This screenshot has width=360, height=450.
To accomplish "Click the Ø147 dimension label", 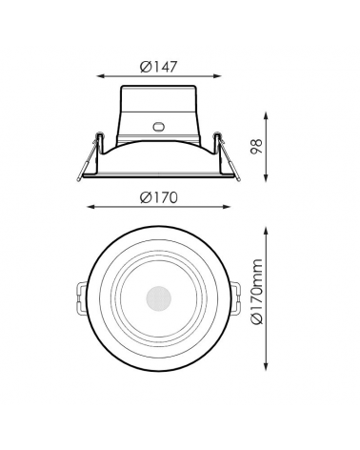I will click(158, 67).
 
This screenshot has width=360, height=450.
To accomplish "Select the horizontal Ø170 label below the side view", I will click(158, 197).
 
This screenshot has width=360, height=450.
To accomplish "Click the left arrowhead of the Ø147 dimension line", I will click(99, 79).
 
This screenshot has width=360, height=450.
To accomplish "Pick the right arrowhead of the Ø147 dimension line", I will click(219, 79).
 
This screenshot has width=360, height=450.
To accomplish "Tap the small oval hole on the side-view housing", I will click(158, 124).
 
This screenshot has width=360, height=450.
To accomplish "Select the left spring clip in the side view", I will click(89, 153).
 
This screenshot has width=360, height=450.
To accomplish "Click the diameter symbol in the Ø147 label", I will click(144, 67).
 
